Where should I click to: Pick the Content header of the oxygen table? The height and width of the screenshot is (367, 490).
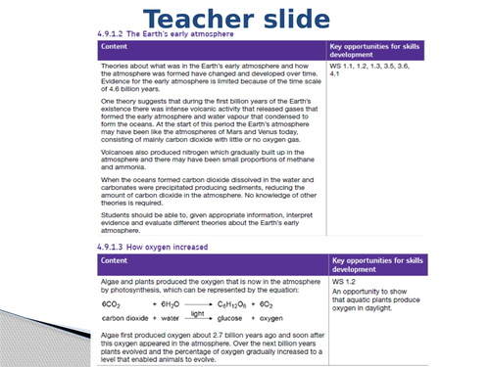click(x=117, y=263)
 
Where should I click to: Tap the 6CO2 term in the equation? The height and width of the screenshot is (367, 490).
click(x=113, y=303)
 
